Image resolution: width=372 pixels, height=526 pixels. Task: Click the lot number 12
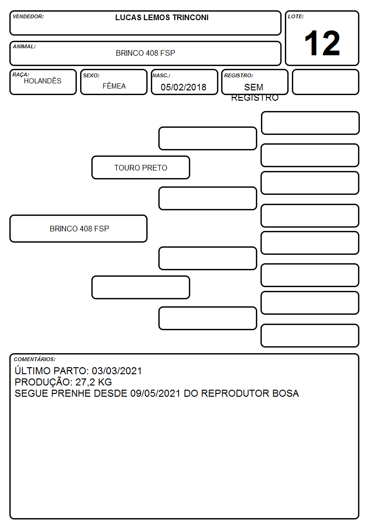(322, 43)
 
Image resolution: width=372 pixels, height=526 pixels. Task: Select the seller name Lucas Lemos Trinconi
(162, 17)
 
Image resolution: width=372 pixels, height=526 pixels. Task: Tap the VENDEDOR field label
(28, 16)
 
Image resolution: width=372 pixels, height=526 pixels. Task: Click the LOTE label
(296, 16)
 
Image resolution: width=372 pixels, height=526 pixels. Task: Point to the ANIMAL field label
(24, 47)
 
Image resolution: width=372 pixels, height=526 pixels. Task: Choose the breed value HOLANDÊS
(43, 81)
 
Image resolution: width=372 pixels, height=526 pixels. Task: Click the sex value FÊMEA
(114, 86)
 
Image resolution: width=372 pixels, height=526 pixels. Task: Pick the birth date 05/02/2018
(184, 87)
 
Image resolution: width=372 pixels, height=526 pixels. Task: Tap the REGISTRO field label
(238, 76)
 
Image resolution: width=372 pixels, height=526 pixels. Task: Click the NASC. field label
(161, 76)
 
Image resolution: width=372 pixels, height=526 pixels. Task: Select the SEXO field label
(91, 76)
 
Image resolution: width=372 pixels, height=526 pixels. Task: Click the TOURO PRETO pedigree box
(141, 167)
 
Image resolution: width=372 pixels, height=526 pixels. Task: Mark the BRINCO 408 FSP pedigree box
(79, 229)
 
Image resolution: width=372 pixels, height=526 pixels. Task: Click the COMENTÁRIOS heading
(35, 359)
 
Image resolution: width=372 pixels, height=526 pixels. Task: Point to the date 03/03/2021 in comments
(117, 371)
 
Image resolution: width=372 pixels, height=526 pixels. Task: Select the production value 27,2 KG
(94, 382)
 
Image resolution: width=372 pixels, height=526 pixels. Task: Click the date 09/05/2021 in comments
(155, 393)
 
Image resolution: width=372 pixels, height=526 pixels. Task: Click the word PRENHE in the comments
(70, 393)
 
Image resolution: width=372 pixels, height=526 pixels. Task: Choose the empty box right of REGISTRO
(325, 82)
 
